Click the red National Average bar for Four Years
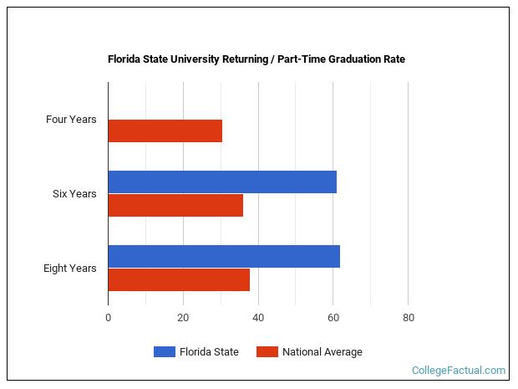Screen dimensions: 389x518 [165, 131]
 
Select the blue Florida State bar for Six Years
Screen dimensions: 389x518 [222, 182]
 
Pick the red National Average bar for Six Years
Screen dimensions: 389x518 [175, 206]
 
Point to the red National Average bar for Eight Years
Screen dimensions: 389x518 [179, 280]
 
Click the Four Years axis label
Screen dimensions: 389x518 [71, 120]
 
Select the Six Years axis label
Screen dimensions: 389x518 [74, 194]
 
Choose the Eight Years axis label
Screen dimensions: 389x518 [70, 269]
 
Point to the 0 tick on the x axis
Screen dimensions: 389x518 [108, 318]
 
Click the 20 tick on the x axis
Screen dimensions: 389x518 [183, 318]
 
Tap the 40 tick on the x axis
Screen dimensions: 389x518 [258, 318]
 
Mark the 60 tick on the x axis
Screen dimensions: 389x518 [333, 318]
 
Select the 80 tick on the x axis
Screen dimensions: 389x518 [409, 318]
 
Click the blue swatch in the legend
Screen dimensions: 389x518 [164, 352]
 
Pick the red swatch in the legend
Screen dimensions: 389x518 [267, 352]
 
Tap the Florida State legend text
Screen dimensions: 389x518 [209, 352]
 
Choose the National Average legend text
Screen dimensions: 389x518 [322, 352]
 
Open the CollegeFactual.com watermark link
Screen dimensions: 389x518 [459, 370]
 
